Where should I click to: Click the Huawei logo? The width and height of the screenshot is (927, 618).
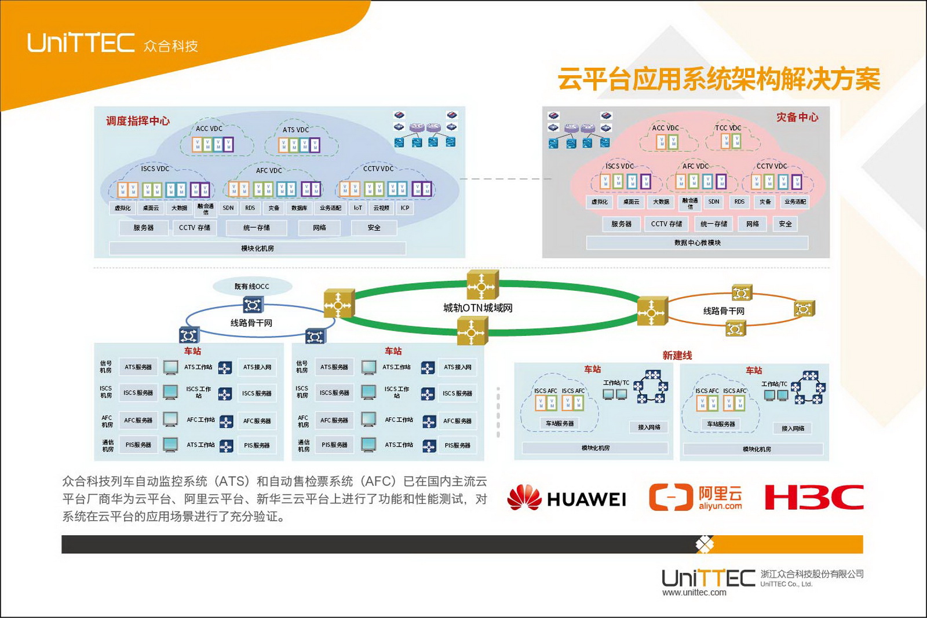point(566,498)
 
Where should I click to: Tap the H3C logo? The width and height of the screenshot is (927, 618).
point(814,497)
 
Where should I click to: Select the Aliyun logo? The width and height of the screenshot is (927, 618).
point(695,497)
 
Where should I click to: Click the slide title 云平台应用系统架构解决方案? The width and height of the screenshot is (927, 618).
point(718,79)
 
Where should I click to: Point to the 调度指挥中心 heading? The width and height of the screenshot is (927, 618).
point(138,120)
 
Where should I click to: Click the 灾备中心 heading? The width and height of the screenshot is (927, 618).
point(797,117)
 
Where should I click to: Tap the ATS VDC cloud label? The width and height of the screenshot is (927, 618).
point(295,130)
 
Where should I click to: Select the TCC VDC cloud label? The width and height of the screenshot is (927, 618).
point(728,128)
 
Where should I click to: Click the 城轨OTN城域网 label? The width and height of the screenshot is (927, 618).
point(478,308)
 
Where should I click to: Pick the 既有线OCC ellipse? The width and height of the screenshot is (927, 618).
point(251,286)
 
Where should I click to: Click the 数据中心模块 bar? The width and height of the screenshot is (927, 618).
point(697,243)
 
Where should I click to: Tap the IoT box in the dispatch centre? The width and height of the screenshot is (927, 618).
point(358,208)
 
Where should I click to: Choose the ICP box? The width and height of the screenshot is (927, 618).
point(405,208)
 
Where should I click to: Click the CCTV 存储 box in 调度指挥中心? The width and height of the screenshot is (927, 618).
point(195,228)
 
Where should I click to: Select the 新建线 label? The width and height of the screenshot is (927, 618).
point(677,355)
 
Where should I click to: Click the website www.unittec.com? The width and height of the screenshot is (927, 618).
point(694,593)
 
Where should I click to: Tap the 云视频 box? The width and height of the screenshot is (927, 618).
point(381,208)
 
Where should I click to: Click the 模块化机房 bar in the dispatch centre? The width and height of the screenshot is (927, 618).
point(257,248)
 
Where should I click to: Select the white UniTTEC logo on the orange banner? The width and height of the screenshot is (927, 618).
point(81,43)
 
